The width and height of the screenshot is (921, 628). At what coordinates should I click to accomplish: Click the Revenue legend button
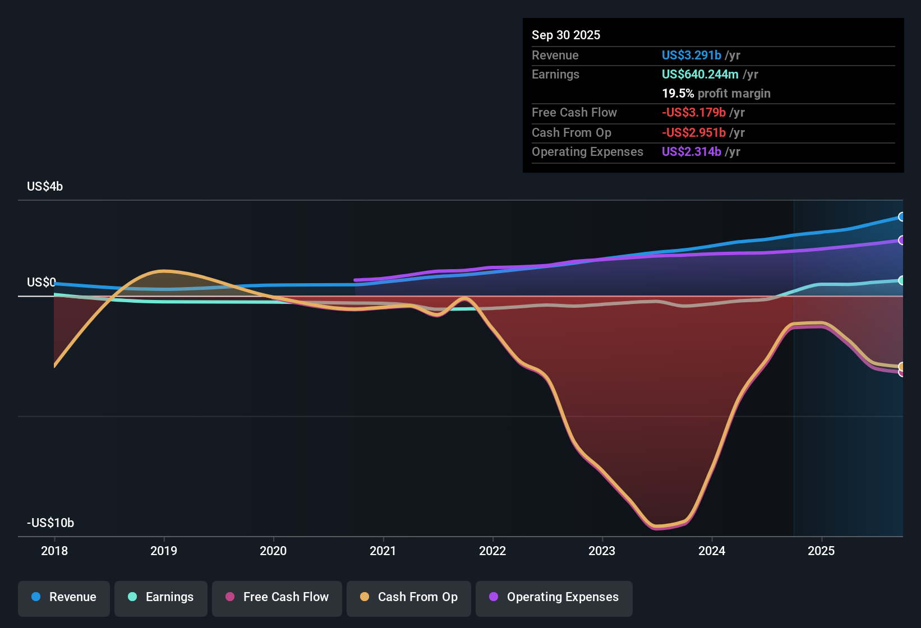coord(64,597)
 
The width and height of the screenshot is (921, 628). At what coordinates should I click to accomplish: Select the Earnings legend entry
coord(161,597)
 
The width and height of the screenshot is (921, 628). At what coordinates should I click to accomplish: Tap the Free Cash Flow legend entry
coord(277,597)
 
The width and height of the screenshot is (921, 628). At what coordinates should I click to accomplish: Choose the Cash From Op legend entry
coord(409,597)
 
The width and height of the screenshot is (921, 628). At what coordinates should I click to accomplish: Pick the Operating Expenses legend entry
coord(554,597)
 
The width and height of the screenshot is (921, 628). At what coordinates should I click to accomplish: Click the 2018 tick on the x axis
coord(54,551)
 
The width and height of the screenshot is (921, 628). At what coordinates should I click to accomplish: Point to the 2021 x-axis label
coord(383,551)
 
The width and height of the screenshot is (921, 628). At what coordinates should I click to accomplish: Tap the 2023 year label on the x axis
coord(602,551)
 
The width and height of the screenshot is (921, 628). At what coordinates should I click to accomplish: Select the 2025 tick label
coord(821,551)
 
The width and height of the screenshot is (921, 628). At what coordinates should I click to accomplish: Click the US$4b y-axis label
coord(45,187)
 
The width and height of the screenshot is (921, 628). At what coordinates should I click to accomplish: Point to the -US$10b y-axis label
coord(50,523)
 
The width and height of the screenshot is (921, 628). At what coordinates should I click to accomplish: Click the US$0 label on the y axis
coord(42,282)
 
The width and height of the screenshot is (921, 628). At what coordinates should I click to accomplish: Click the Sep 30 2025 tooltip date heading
coord(566,35)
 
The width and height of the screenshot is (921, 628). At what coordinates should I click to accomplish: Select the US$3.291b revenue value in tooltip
coord(691,55)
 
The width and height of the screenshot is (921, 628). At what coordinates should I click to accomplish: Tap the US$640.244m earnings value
coord(699,74)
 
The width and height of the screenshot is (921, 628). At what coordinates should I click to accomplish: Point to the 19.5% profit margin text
coord(716,93)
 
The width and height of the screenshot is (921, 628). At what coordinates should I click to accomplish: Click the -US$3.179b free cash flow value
coord(693,112)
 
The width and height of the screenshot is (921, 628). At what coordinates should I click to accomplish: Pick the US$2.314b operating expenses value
coord(691,151)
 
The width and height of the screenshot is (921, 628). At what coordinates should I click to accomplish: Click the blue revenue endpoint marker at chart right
coord(901,216)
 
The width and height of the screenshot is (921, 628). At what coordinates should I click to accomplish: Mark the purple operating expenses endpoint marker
coord(901,240)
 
